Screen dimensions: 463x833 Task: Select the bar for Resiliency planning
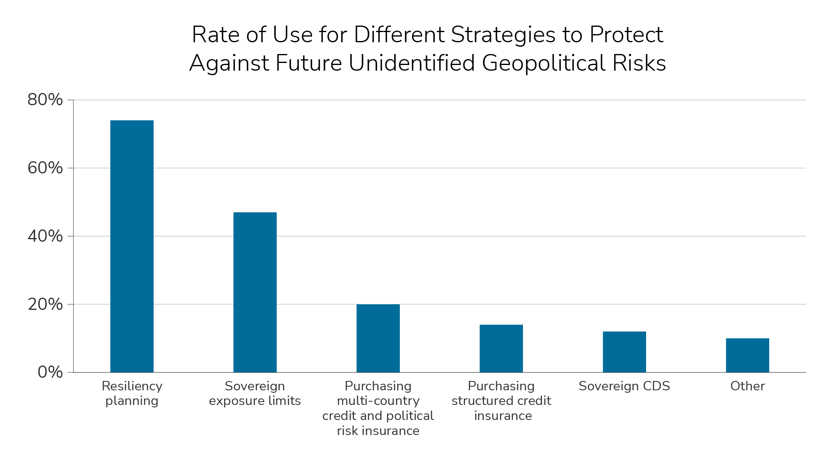132,246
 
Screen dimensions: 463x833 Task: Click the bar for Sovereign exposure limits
255,292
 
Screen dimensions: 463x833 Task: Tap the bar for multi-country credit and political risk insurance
378,338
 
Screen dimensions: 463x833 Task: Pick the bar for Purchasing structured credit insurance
501,348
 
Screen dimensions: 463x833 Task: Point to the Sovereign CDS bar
624,352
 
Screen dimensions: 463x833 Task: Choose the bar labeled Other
747,355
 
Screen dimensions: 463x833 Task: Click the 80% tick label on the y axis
45,100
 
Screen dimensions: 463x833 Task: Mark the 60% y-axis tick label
45,168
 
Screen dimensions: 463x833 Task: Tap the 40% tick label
45,236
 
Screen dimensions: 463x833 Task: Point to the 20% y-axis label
45,304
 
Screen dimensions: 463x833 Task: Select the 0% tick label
50,372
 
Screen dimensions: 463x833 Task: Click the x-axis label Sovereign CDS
624,386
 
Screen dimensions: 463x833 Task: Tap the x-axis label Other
747,386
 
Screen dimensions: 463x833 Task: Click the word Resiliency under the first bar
132,386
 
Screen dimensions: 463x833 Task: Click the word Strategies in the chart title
503,35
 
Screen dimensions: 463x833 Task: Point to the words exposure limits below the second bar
255,401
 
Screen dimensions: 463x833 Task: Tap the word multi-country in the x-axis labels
378,401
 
